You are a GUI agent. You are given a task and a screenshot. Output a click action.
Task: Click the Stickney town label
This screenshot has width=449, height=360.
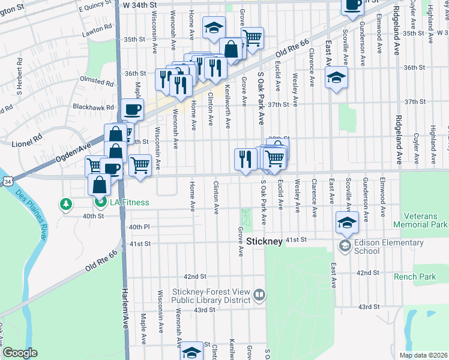coord(264,241)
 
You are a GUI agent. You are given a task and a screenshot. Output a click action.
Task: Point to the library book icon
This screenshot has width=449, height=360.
coord(259,295)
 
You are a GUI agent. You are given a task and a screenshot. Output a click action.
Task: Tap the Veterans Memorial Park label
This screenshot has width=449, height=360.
coord(420,220)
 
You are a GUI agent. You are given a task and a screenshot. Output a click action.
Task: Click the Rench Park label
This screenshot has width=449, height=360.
coord(415,277)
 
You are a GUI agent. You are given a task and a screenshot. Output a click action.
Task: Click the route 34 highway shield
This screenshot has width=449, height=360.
coord(7,181)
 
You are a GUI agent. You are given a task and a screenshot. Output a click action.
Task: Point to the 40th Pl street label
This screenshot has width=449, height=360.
coord(138,227)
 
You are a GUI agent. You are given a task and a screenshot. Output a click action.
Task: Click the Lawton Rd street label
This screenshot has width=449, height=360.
coord(98,29)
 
